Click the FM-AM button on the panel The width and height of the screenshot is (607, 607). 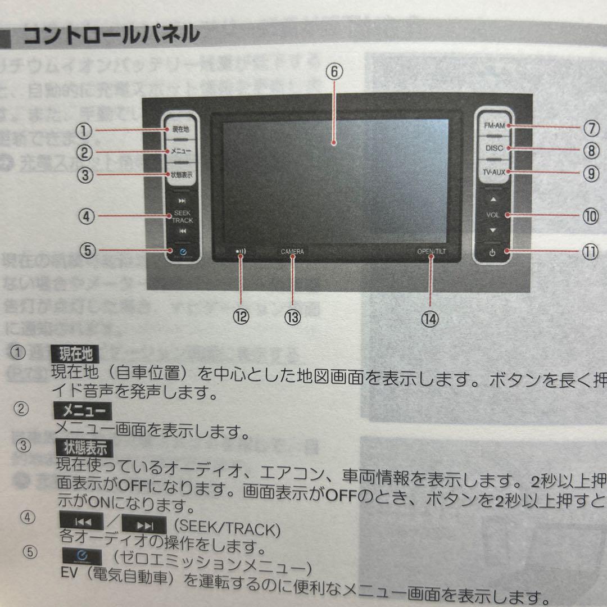point(495,126)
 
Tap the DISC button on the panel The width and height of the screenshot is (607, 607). point(495,148)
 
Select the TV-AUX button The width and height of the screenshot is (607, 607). point(495,171)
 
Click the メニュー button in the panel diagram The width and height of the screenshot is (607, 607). point(181,151)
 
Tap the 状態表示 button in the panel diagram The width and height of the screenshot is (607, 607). point(181,175)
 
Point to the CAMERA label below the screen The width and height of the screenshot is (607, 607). point(292,252)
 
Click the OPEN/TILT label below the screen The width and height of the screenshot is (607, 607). point(431,251)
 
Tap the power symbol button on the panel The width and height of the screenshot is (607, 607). point(492,252)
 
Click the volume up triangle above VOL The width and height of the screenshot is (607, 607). point(493,200)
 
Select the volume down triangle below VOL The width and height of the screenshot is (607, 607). point(493,230)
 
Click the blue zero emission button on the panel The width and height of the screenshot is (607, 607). point(181,252)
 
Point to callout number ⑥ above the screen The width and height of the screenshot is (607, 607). point(333,72)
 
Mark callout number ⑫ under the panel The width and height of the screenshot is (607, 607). point(241,317)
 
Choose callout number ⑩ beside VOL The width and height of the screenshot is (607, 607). point(591,216)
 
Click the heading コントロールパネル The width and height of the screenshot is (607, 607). point(111,35)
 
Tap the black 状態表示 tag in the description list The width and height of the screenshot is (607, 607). point(85,447)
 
